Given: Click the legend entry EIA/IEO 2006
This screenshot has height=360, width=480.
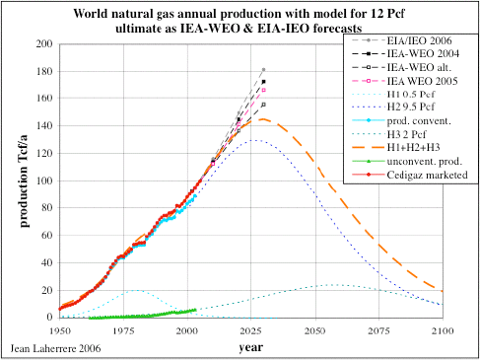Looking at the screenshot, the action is pyautogui.click(x=419, y=40).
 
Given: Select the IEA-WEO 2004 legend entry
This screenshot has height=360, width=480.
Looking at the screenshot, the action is pyautogui.click(x=423, y=53).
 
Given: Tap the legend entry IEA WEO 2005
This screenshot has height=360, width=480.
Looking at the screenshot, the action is pyautogui.click(x=422, y=81).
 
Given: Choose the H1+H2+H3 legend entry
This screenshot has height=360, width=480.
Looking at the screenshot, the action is pyautogui.click(x=413, y=147).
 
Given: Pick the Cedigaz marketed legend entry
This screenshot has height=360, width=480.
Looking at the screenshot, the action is pyautogui.click(x=427, y=175).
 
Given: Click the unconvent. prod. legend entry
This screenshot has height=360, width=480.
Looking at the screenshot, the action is pyautogui.click(x=425, y=161).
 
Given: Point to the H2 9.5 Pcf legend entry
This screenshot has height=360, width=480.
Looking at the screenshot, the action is pyautogui.click(x=411, y=107).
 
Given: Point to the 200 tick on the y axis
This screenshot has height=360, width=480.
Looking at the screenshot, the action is pyautogui.click(x=44, y=43).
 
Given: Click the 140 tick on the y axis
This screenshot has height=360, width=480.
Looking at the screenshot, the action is pyautogui.click(x=44, y=125).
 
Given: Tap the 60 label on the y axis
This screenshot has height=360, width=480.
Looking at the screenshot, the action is pyautogui.click(x=47, y=235).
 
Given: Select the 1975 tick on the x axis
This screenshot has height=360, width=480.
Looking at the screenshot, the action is pyautogui.click(x=124, y=330).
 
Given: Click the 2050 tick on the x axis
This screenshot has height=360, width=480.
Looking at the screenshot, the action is pyautogui.click(x=315, y=330).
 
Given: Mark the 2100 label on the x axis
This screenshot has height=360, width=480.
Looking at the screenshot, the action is pyautogui.click(x=443, y=330).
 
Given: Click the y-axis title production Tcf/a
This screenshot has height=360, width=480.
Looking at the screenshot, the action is pyautogui.click(x=24, y=181).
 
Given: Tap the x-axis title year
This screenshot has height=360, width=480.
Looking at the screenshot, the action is pyautogui.click(x=251, y=347).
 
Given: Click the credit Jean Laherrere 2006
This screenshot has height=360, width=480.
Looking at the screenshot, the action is pyautogui.click(x=55, y=348).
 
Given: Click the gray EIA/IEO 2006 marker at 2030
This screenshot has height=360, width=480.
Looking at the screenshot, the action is pyautogui.click(x=263, y=70).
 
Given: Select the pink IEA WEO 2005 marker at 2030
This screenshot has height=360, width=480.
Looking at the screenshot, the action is pyautogui.click(x=263, y=90).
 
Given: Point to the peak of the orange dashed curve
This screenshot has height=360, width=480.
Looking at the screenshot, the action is pyautogui.click(x=263, y=119).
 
